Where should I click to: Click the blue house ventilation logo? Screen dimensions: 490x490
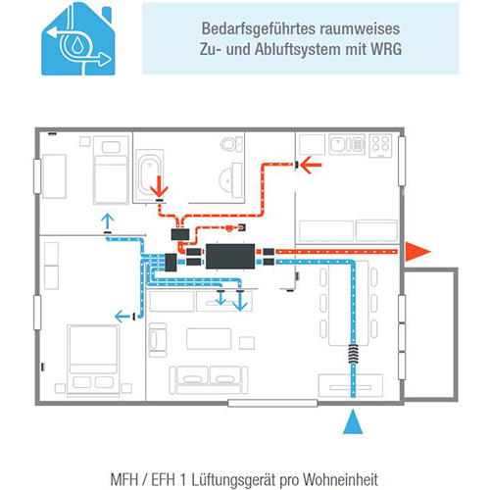pos(78,39)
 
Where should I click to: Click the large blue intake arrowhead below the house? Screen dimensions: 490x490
pos(353,421)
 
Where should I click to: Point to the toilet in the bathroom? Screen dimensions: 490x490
pos(231,144)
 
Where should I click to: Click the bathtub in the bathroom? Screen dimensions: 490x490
pos(149,174)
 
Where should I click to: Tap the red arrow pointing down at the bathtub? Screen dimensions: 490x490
pos(159,186)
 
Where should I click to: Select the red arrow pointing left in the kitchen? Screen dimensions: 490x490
pos(311,165)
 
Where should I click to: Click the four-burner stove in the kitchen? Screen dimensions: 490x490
pos(381,146)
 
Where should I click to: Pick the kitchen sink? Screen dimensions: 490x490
pos(347,144)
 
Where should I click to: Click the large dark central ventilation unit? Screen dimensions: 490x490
pos(230,257)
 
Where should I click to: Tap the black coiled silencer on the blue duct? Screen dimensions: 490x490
pos(353,354)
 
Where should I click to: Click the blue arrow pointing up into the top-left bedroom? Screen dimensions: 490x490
pos(107,221)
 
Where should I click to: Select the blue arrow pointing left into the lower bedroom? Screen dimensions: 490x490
pos(122,317)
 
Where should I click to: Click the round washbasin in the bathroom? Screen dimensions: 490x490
pos(228,179)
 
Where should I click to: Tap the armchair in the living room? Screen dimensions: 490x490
pos(158,340)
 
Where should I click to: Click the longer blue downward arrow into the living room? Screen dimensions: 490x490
pos(240,301)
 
